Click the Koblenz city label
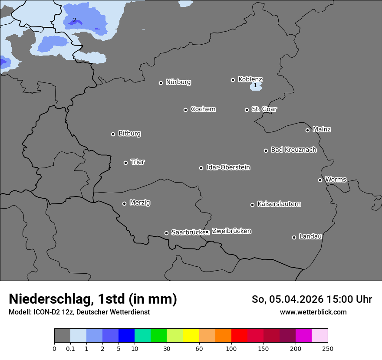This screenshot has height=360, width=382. point(250,79)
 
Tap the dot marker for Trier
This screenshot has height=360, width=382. point(126,163)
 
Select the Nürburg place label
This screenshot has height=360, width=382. point(178,82)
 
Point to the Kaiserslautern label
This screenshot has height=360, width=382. point(279,204)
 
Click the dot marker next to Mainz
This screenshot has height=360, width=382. point(307,130)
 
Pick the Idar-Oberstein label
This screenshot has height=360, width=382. point(228,167)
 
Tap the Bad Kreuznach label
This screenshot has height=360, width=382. point(293,150)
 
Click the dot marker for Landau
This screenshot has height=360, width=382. point(294,237)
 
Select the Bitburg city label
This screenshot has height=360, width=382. point(129,134)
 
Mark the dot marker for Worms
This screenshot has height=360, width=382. point(320,180)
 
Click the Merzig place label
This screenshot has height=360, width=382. point(140,203)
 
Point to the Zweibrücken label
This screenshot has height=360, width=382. point(231,231)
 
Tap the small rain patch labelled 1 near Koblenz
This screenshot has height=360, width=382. point(255,86)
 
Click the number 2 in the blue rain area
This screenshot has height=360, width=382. point(75,20)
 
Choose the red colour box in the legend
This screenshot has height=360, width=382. point(239,336)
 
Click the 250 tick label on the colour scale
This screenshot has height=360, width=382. point(328,348)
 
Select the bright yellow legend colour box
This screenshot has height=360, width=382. point(191,336)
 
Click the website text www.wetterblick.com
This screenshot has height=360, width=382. point(313,312)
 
